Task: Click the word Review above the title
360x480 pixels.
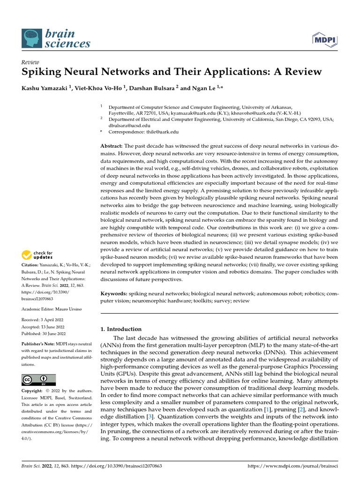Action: pyautogui.click(x=30, y=62)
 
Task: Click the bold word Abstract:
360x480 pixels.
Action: pyautogui.click(x=112, y=146)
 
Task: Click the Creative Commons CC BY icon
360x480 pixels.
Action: pyautogui.click(x=38, y=380)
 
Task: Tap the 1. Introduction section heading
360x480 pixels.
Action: pyautogui.click(x=121, y=329)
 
